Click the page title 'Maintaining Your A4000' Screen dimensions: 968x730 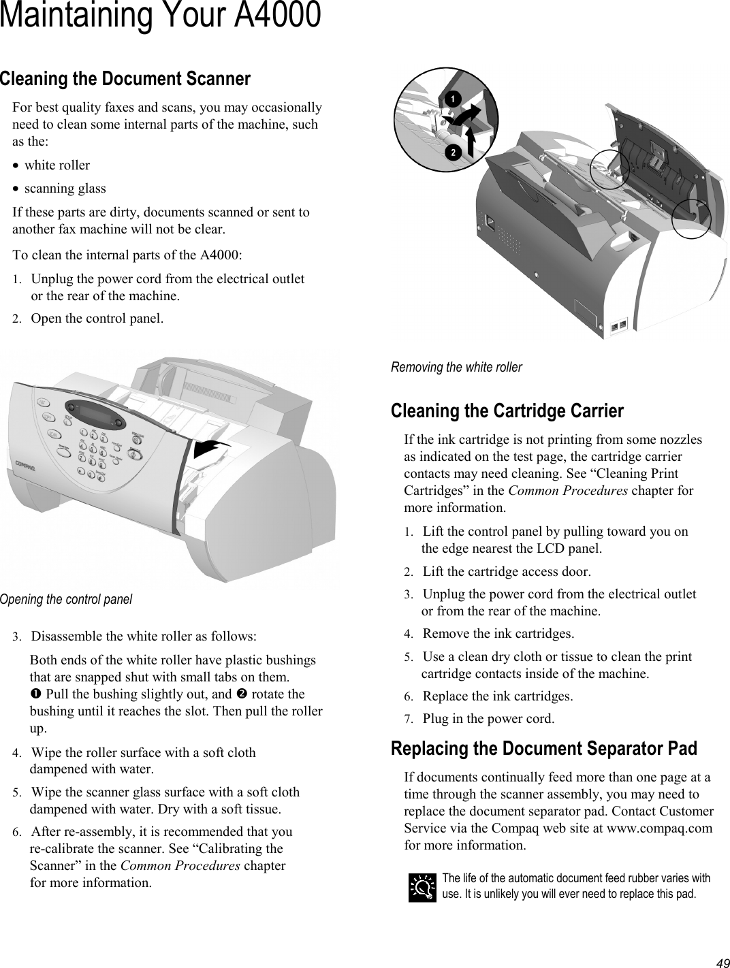pos(160,16)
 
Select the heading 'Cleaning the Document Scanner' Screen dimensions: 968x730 pos(125,79)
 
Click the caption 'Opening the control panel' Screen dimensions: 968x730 pos(66,599)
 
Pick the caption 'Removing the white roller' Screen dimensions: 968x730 pos(456,367)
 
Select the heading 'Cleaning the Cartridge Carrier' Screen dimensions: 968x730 pos(507,411)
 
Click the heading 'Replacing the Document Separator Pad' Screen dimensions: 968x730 pos(544,749)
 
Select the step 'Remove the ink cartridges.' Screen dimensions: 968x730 pos(498,634)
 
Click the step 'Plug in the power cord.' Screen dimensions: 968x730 pos(488,718)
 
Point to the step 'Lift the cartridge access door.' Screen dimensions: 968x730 pos(507,571)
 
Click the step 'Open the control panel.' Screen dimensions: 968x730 pos(97,318)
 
